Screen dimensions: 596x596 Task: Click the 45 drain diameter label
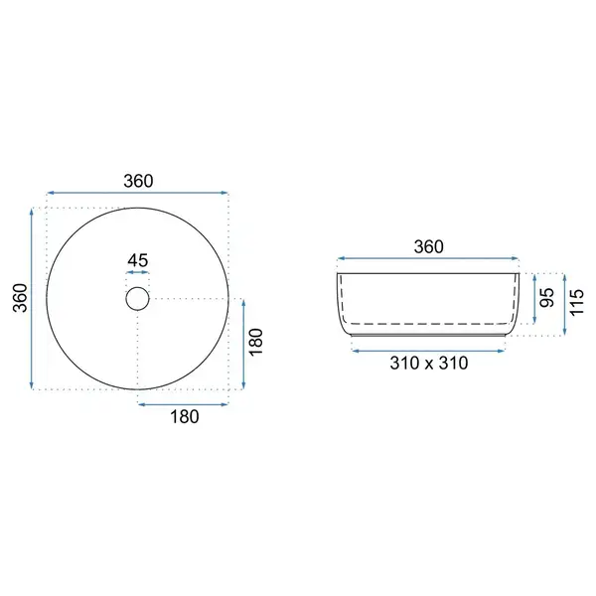(x=138, y=260)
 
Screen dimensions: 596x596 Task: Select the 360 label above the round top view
(x=138, y=181)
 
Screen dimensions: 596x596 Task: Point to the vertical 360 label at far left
(x=20, y=298)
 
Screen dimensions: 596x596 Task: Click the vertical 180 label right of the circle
(x=256, y=342)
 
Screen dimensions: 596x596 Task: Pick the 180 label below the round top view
(x=185, y=416)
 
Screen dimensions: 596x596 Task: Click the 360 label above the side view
(x=428, y=246)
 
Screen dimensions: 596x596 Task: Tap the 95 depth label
(x=547, y=298)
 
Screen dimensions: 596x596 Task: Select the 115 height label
(x=576, y=302)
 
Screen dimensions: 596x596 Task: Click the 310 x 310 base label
(x=429, y=364)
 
